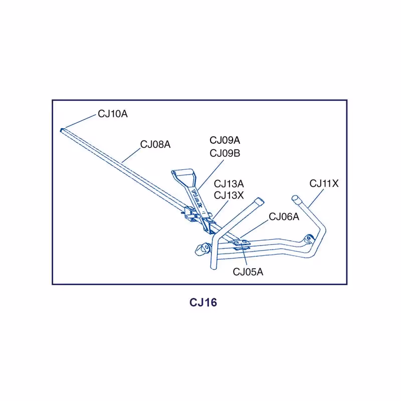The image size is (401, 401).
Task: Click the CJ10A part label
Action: point(113,114)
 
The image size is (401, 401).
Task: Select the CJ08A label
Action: point(155,144)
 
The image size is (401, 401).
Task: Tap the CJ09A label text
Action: point(225,140)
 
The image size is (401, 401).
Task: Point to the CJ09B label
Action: point(225,153)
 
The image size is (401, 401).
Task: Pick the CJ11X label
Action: point(324,183)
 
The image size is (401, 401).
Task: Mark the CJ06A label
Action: point(284,217)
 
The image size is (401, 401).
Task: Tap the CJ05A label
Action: point(248,272)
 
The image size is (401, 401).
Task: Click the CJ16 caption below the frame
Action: point(203,303)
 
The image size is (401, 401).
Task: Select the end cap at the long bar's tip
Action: point(62,130)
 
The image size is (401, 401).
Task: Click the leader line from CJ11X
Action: point(314,197)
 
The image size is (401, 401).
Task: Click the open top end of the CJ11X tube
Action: point(296,198)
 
